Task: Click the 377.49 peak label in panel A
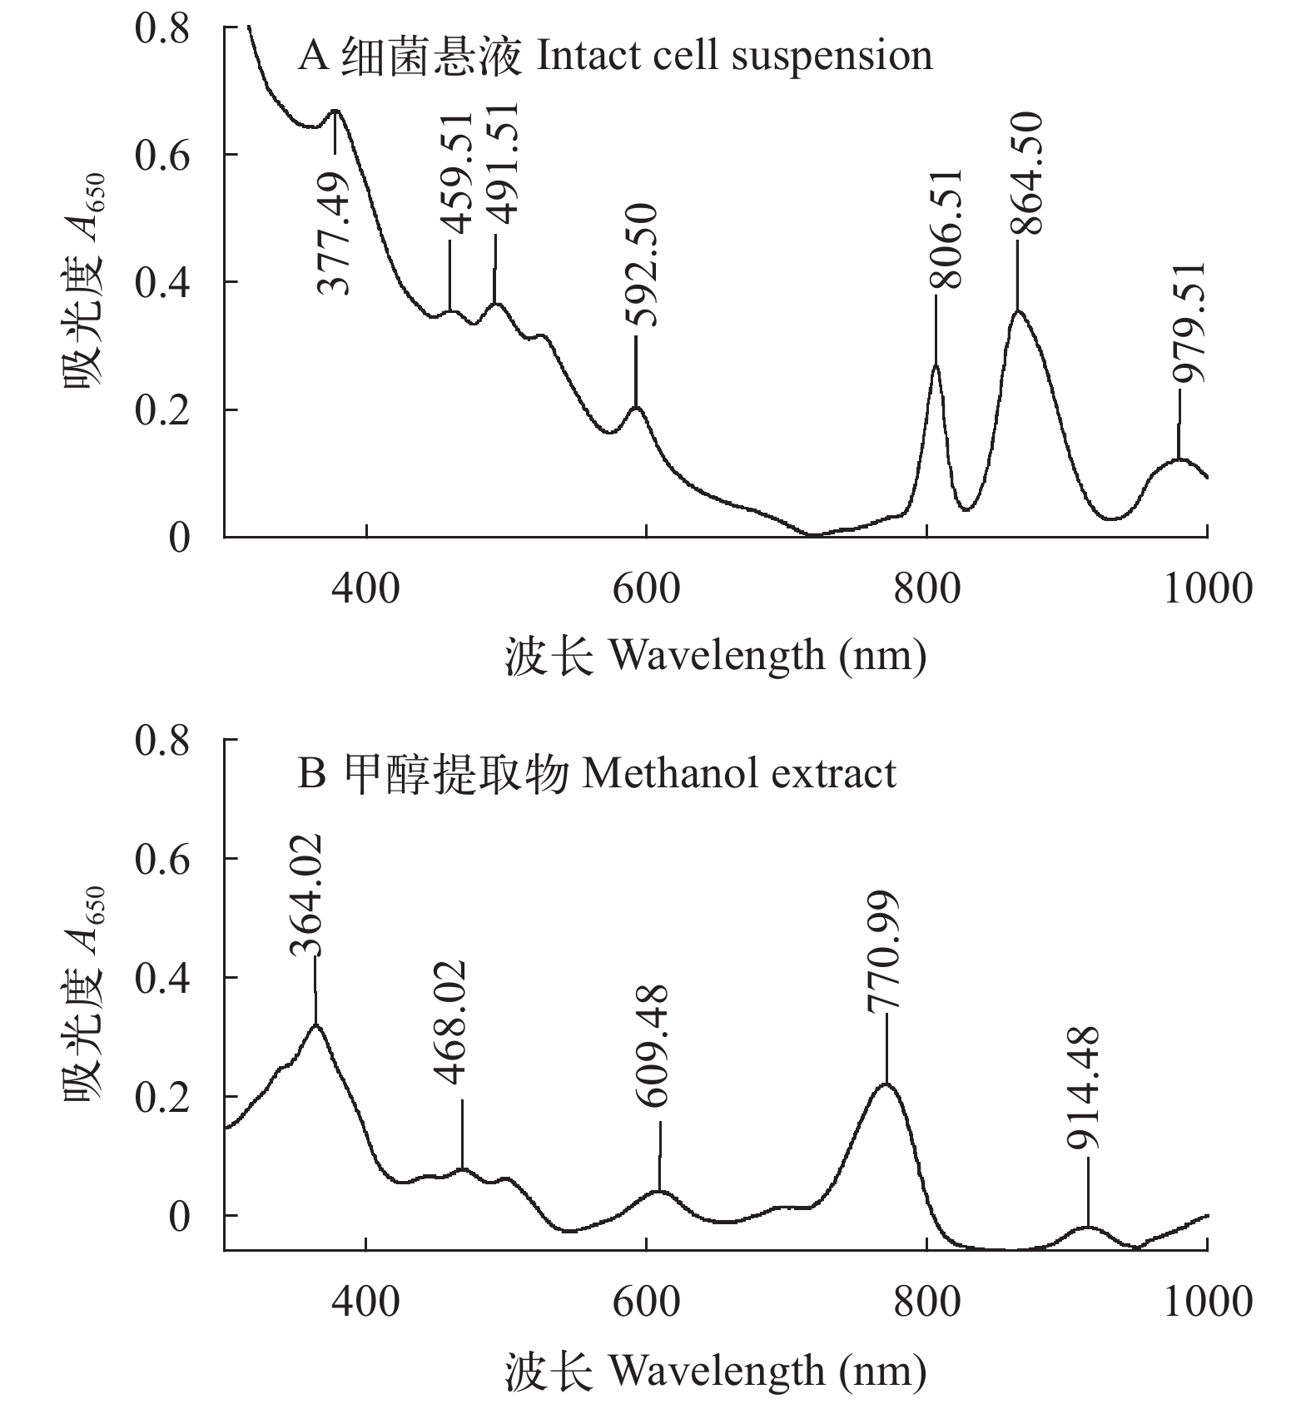click(335, 234)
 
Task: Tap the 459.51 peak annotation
click(456, 176)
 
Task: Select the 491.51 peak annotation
click(502, 164)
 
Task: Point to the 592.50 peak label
click(642, 265)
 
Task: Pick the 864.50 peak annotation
click(1026, 173)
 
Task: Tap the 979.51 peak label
click(1189, 323)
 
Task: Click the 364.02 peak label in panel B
click(305, 895)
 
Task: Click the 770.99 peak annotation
click(883, 952)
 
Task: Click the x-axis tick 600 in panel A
click(646, 588)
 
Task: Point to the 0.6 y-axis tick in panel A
click(161, 155)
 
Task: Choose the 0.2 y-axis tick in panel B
click(161, 1096)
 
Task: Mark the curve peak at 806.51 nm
click(936, 365)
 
